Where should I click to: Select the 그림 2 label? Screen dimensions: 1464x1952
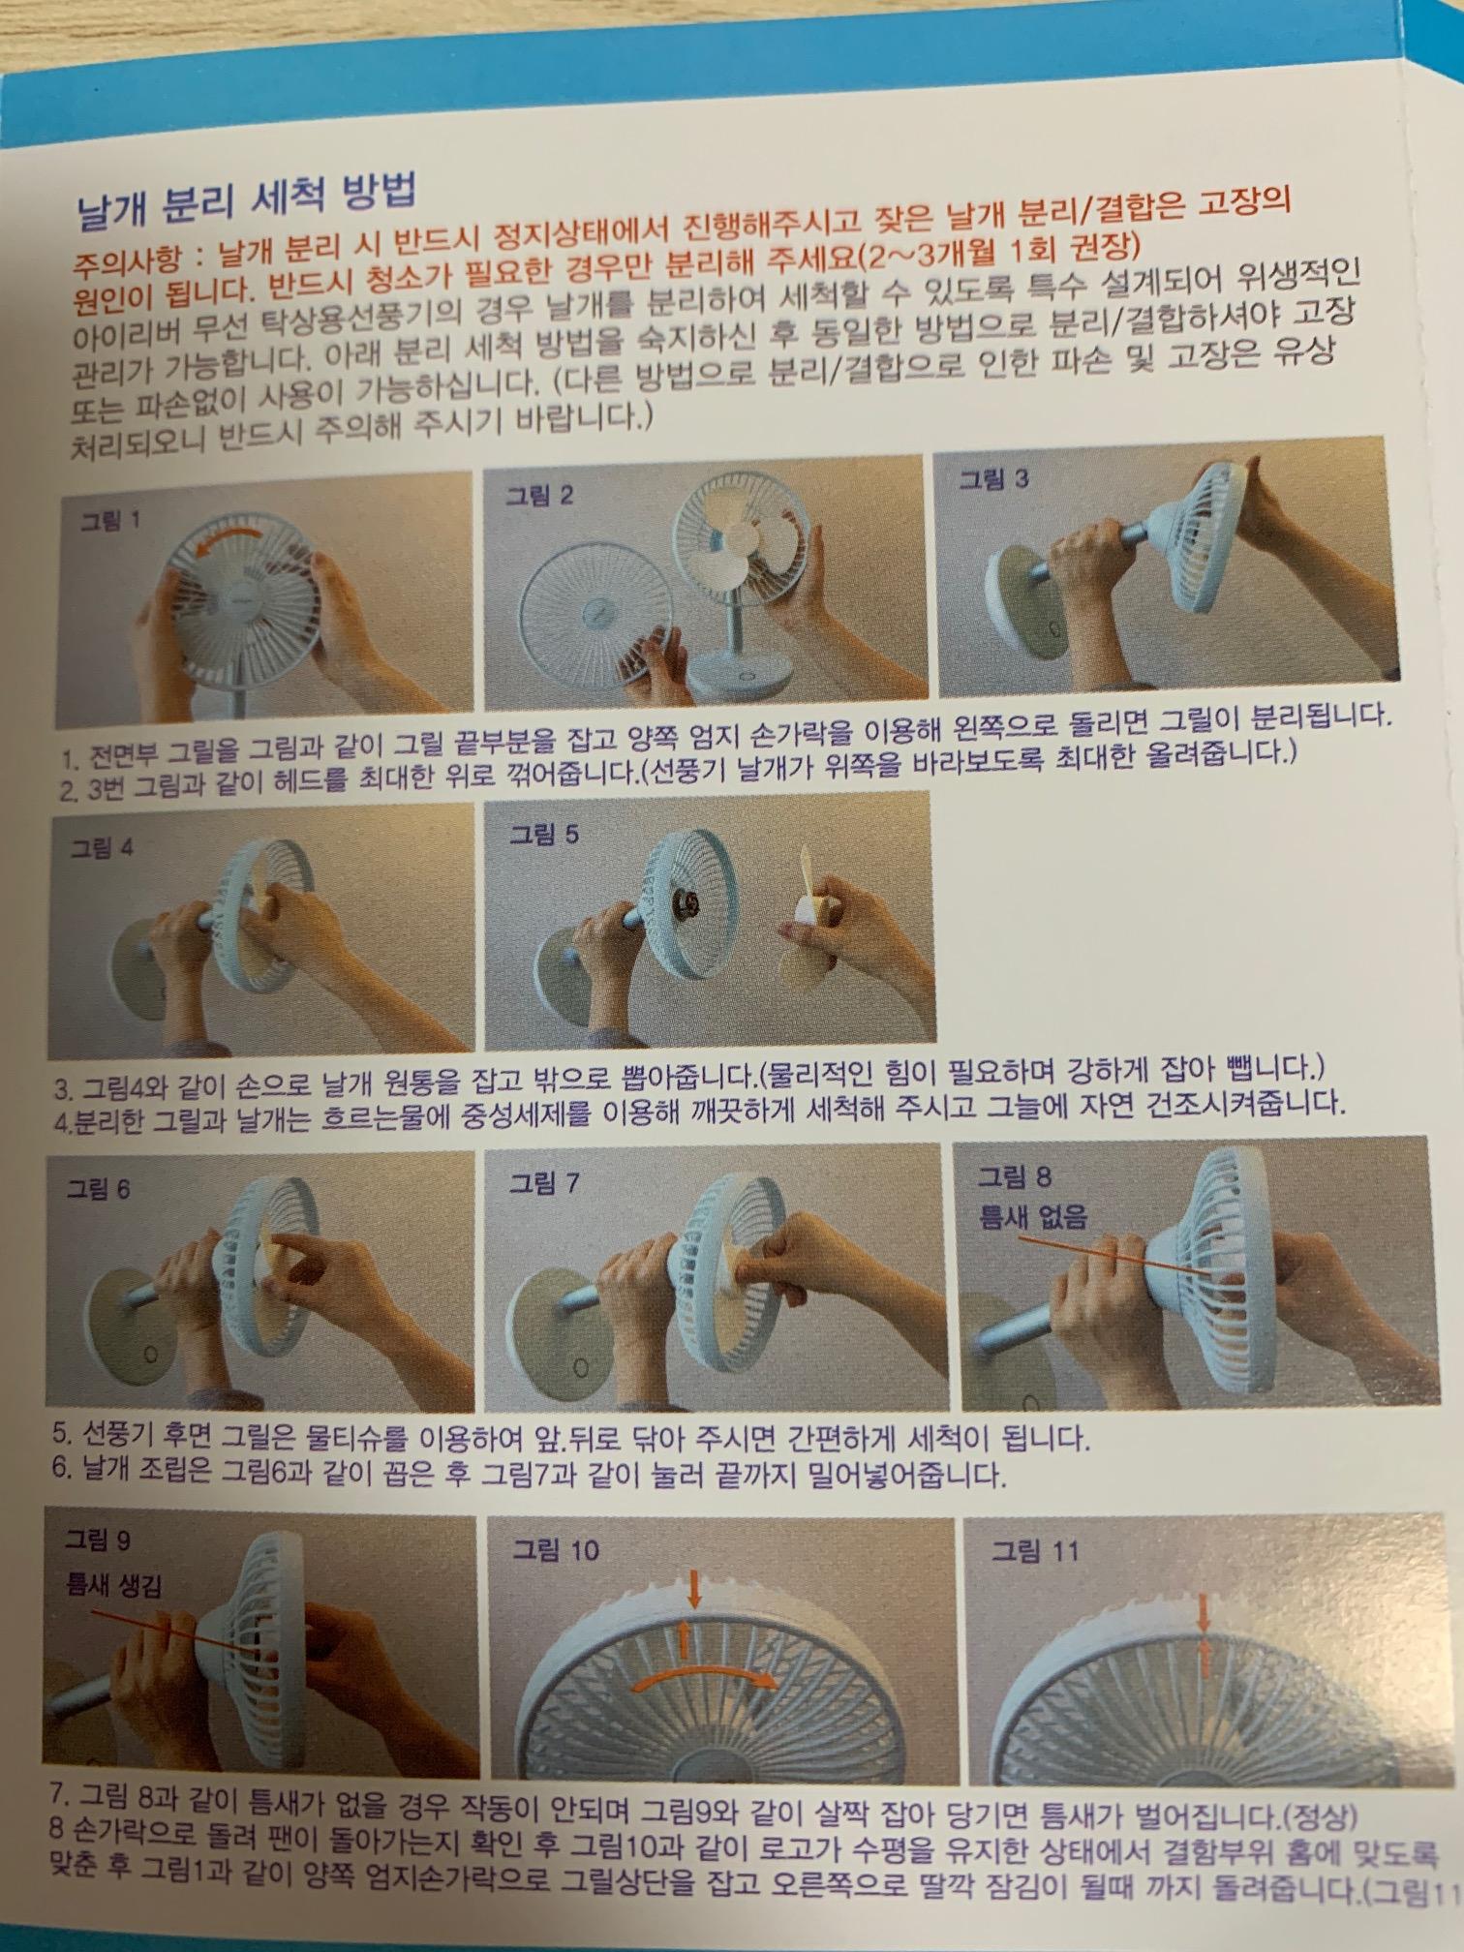click(x=539, y=497)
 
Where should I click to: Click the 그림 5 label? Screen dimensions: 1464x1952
click(x=544, y=835)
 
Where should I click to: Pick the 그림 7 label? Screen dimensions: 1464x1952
click(x=545, y=1182)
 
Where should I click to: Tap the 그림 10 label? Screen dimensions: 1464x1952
click(x=556, y=1550)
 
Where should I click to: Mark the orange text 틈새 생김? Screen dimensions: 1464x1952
click(x=114, y=1585)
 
